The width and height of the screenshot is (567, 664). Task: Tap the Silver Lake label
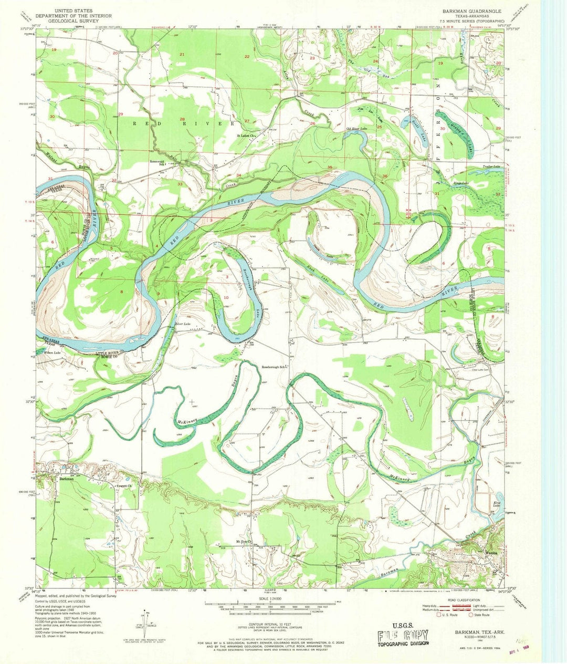click(182, 324)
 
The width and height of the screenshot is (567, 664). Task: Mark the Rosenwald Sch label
click(158, 162)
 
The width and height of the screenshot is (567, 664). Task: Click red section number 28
click(182, 119)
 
